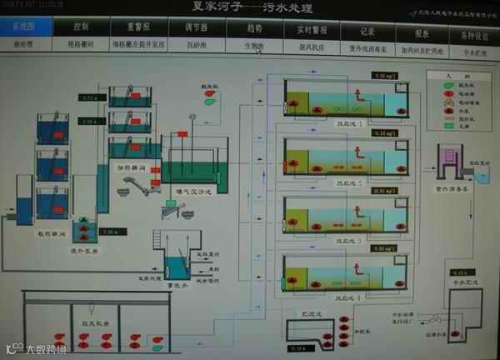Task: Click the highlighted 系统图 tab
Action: (x=25, y=27)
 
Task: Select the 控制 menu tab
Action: (x=82, y=27)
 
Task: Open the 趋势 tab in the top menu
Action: (x=256, y=27)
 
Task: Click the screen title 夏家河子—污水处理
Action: (x=249, y=7)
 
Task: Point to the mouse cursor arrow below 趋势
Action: (x=258, y=48)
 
